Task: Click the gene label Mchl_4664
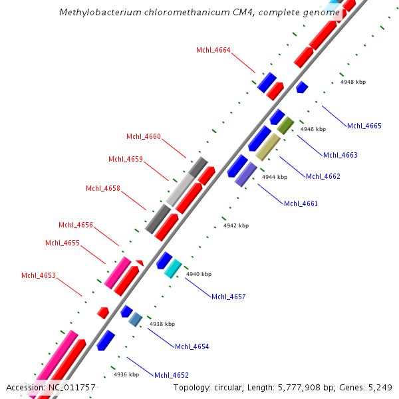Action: coord(213,50)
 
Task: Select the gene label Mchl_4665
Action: coord(364,126)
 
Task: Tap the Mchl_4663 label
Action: coord(340,155)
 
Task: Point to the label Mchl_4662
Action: coord(323,176)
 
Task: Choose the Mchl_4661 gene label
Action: coord(301,203)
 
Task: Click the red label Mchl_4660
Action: coord(144,136)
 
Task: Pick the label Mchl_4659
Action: coord(126,159)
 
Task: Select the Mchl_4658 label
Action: coord(103,188)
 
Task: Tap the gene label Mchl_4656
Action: coord(76,225)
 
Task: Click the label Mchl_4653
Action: coord(39,275)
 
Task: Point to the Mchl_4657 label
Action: coord(229,297)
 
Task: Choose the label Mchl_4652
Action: coord(172,375)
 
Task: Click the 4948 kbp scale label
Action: coord(353,82)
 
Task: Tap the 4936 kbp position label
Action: coord(126,374)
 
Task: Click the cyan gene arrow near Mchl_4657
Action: coord(173,268)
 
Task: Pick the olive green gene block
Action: coord(286,125)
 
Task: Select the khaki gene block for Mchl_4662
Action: coord(268,146)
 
